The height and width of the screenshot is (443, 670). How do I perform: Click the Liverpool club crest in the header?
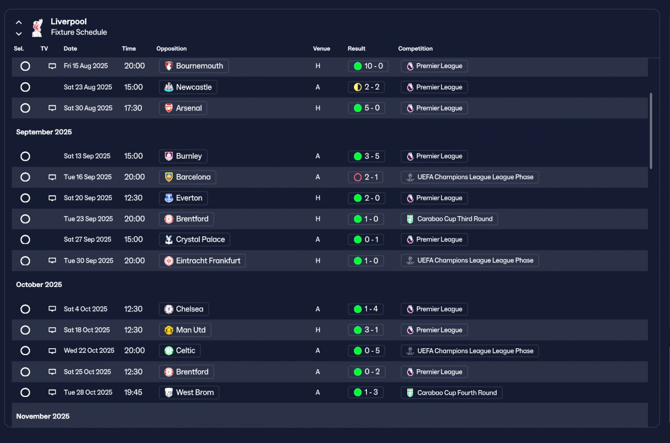(x=37, y=28)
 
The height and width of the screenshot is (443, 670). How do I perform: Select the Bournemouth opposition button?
(x=194, y=66)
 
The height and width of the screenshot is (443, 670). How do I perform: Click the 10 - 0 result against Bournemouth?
(x=368, y=66)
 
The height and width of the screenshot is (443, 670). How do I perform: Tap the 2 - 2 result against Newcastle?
(x=366, y=87)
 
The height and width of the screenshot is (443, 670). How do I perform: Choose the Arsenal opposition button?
(x=183, y=108)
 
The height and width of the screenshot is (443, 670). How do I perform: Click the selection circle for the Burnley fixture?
(x=25, y=156)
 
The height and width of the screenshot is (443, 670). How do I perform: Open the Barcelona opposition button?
(x=187, y=177)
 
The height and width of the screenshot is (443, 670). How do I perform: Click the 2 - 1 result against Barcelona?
(x=365, y=177)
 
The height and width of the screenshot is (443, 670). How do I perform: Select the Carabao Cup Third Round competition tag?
(x=449, y=219)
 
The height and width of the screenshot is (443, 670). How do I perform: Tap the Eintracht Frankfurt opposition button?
(x=202, y=260)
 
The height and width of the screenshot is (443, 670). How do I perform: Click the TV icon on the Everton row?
(x=52, y=198)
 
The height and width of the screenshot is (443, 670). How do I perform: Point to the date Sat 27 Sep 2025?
(x=87, y=239)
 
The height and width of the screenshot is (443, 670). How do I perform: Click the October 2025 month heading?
(x=39, y=284)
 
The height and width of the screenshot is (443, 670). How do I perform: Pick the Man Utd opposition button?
(x=185, y=330)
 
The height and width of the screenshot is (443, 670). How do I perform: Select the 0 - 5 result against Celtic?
(x=366, y=351)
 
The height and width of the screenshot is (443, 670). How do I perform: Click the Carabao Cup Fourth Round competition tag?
(x=451, y=392)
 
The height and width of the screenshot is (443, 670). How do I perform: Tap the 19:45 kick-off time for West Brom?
(x=133, y=392)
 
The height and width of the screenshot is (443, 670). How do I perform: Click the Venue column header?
(x=321, y=49)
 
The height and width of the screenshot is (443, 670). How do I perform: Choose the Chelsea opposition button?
(x=184, y=309)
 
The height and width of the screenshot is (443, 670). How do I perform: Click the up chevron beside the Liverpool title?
(x=19, y=23)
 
